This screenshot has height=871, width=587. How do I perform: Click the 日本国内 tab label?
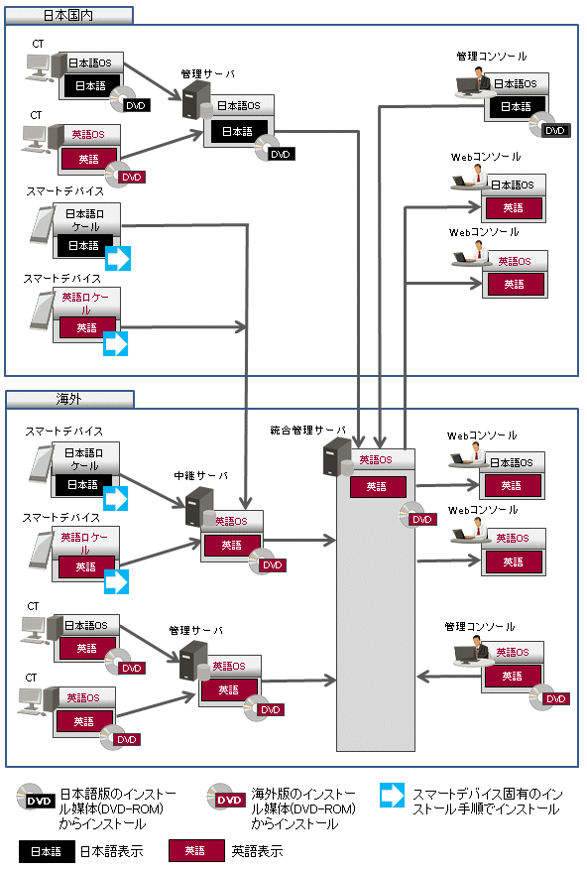(68, 16)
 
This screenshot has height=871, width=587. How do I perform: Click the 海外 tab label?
(68, 399)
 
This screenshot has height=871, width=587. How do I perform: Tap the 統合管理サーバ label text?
(307, 430)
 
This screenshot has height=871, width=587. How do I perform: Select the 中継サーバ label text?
(201, 476)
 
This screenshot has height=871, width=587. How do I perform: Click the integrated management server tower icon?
(336, 456)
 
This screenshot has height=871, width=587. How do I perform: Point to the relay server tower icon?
(199, 507)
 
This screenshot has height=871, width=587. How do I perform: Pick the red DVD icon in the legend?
(226, 799)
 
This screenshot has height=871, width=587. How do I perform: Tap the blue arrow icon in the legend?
(393, 795)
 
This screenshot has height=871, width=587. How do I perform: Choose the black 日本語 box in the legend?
(47, 851)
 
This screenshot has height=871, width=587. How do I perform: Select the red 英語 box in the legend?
(196, 851)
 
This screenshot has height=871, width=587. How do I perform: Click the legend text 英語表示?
(257, 851)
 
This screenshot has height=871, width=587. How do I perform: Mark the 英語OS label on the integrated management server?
(376, 460)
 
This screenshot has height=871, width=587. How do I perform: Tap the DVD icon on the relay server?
(267, 561)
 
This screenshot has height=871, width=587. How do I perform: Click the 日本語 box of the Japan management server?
(237, 132)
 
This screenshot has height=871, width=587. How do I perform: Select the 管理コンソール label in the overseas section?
(480, 627)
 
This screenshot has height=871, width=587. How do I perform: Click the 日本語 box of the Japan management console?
(516, 107)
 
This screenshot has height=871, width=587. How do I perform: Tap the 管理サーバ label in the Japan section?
(207, 73)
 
